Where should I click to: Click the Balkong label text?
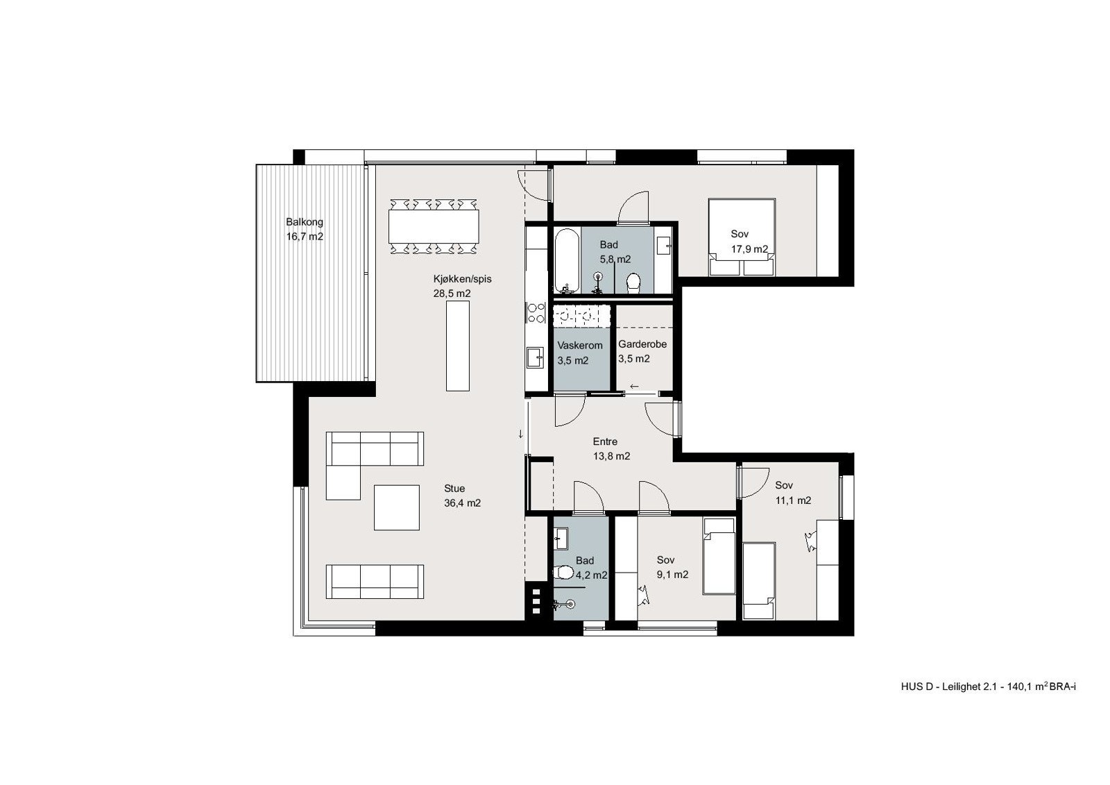point(305,223)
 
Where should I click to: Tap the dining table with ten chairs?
point(434,226)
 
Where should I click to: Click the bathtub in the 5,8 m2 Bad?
point(563,261)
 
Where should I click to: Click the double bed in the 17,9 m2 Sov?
point(742,236)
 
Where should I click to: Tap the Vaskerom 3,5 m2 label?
point(579,353)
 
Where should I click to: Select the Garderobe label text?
point(642,344)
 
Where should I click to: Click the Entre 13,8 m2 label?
point(610,449)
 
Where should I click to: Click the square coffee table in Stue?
point(397,507)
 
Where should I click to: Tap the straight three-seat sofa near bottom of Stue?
point(375,582)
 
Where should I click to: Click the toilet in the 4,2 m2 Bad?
point(565,573)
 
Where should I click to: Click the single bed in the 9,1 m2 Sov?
point(719,556)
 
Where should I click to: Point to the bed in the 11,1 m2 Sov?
point(758,580)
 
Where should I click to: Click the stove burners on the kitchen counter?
point(535,312)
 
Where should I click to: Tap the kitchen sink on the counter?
point(535,358)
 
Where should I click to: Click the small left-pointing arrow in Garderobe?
point(634,386)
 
